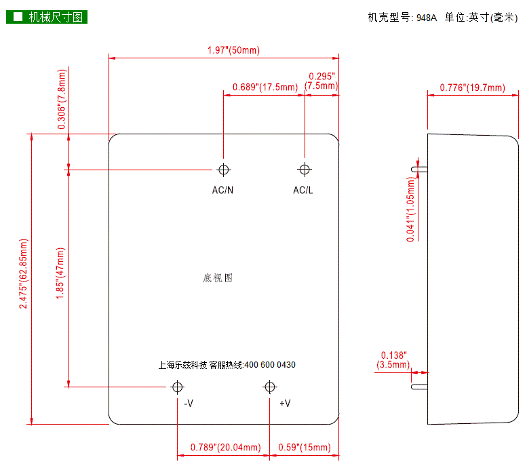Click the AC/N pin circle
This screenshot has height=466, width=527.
coord(223,170)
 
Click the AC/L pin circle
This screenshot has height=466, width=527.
coord(304,170)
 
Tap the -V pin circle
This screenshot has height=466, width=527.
coord(178,387)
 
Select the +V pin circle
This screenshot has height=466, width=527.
coord(270,387)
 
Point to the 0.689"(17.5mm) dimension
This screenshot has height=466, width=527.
coord(265,87)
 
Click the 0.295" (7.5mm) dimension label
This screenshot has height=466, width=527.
coord(321,81)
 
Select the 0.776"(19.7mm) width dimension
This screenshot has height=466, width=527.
coord(472,88)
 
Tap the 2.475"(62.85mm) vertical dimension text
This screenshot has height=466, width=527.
coord(24,274)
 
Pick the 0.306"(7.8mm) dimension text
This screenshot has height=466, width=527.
coord(62,100)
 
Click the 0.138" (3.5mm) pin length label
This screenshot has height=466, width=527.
coord(393,360)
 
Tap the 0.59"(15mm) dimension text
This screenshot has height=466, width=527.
coord(305,447)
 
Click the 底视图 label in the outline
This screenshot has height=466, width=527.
coord(218,278)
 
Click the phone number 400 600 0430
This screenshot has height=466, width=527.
coord(269,365)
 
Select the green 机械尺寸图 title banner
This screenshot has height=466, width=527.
coord(47,17)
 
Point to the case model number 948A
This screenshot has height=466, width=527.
coord(427,18)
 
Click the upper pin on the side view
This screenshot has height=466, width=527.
coord(418,167)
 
